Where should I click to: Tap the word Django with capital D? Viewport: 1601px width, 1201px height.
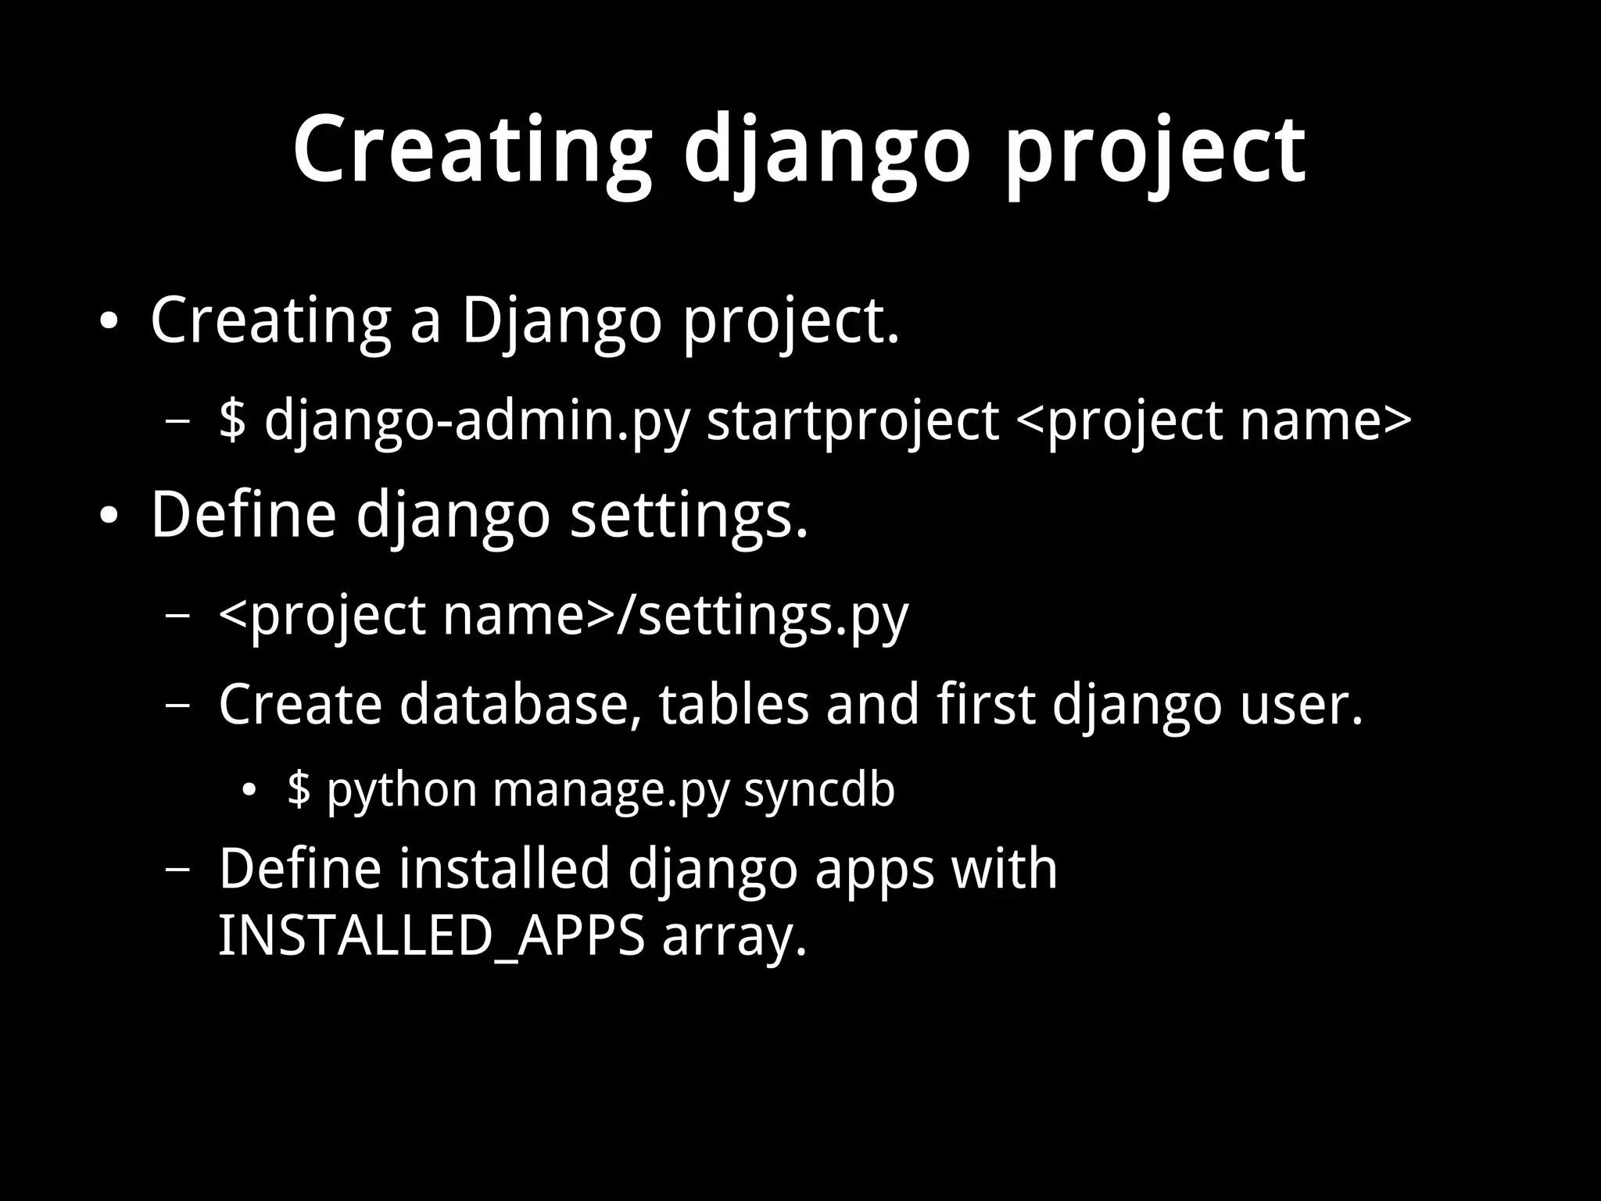(x=561, y=321)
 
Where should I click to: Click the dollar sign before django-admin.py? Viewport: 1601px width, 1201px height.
(x=232, y=420)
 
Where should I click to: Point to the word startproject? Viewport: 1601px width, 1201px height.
(x=852, y=421)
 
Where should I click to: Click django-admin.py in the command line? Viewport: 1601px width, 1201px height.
(x=477, y=421)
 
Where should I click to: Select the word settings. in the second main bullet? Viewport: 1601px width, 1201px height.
(x=689, y=516)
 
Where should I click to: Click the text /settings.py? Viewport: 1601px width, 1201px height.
(x=762, y=616)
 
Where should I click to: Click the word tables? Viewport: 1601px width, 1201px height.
(x=733, y=704)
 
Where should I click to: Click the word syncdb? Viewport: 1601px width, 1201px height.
(x=818, y=789)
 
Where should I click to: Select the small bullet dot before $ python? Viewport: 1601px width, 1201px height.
(x=249, y=791)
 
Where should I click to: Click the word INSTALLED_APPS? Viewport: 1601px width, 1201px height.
(x=431, y=935)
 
